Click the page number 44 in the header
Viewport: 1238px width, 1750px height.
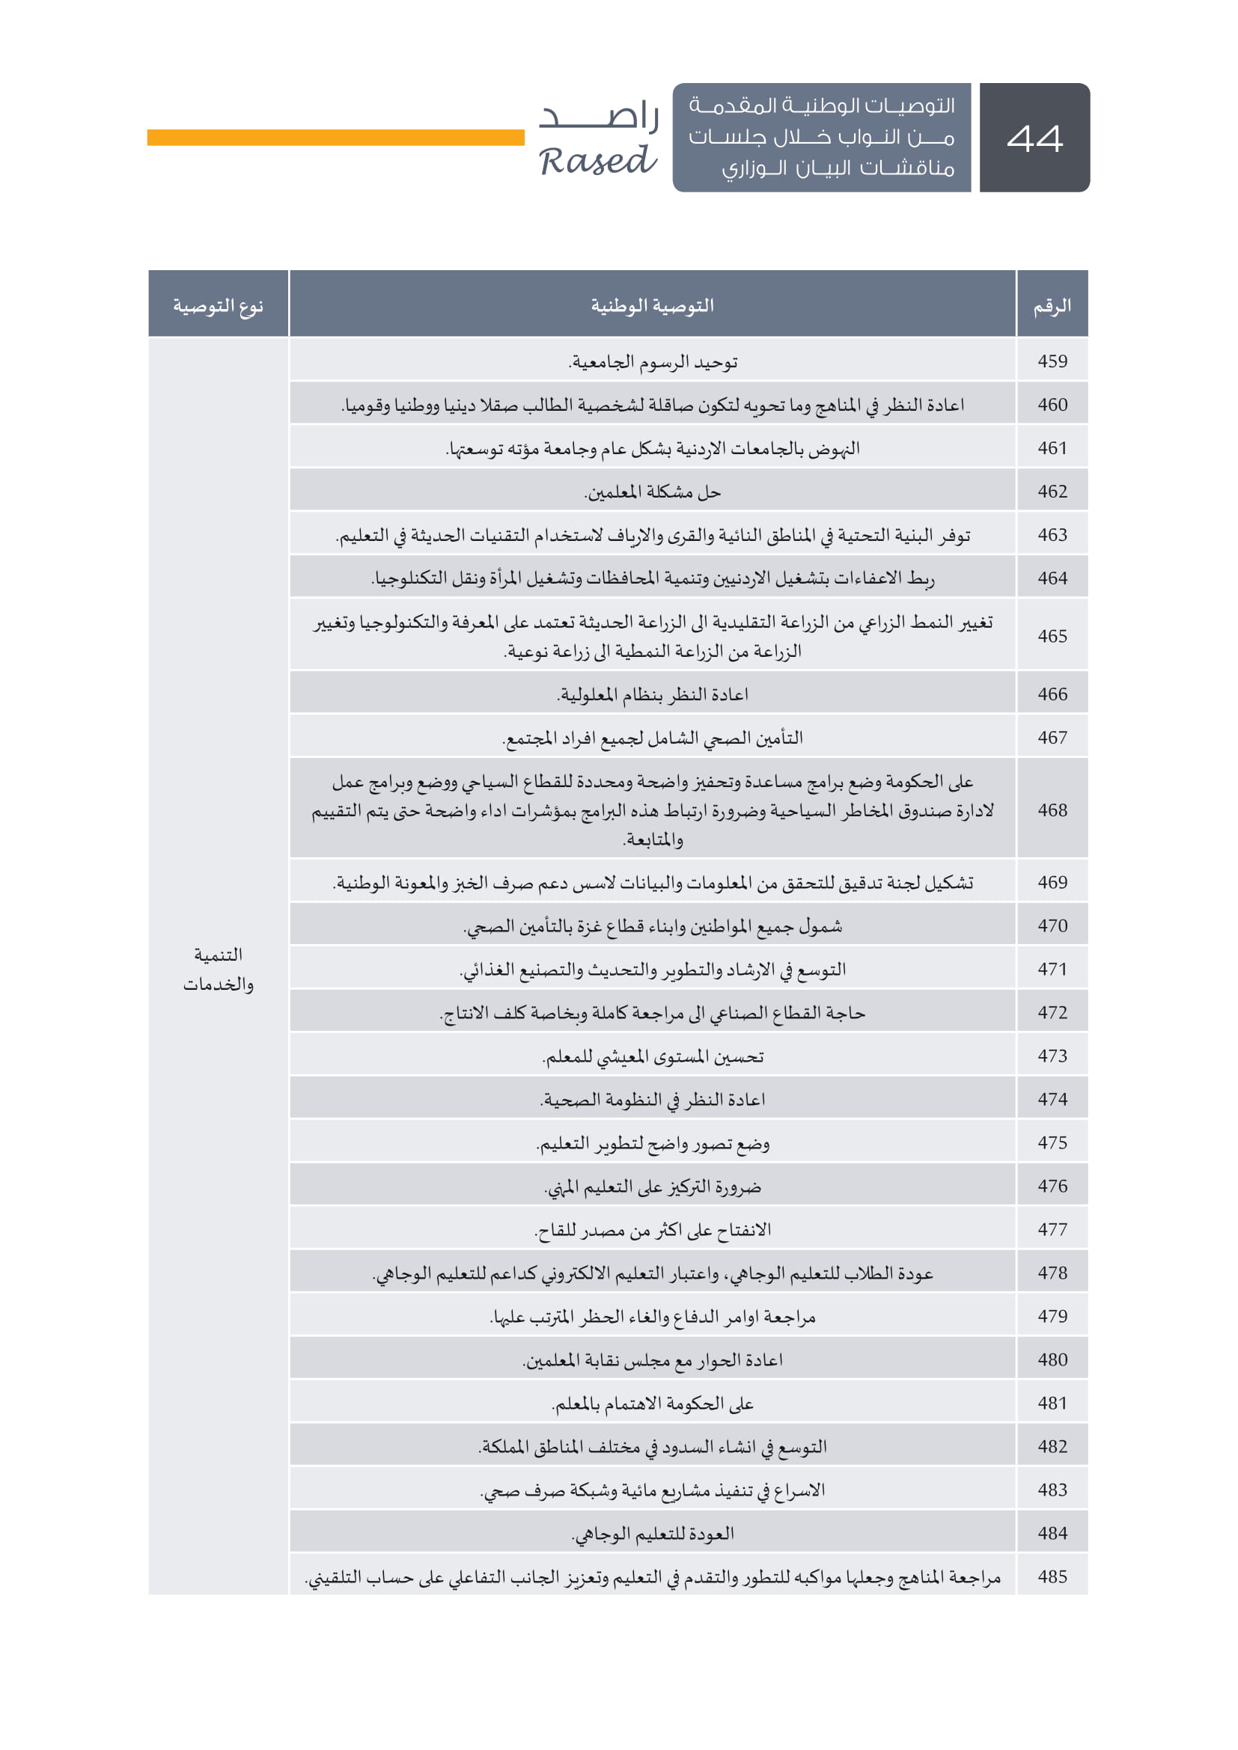(1034, 138)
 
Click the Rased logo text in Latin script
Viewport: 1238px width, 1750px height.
(597, 161)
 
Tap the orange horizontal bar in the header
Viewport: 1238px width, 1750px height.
(335, 137)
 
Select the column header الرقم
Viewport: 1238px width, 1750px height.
(1052, 306)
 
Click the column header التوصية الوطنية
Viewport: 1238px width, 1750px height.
(653, 306)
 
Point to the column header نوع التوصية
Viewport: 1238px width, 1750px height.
(218, 306)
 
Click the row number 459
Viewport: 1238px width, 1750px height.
(1052, 361)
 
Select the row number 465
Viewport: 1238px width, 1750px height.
(1052, 636)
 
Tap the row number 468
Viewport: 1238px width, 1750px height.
(1052, 810)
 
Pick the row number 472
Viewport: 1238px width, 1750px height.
(1052, 1012)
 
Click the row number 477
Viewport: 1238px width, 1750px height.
(1052, 1229)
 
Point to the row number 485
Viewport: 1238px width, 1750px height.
(1052, 1576)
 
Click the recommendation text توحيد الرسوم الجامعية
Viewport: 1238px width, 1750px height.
(653, 362)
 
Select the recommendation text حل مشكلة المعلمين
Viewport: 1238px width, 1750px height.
(653, 492)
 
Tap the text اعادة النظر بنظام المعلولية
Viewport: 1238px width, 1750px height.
(653, 694)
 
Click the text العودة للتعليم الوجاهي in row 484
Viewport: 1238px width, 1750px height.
(653, 1534)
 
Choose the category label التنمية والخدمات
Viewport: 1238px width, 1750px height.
(218, 969)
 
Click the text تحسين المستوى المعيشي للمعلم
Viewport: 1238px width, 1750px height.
(653, 1056)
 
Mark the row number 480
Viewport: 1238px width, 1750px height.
(1052, 1359)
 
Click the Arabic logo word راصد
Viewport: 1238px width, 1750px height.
(600, 116)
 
